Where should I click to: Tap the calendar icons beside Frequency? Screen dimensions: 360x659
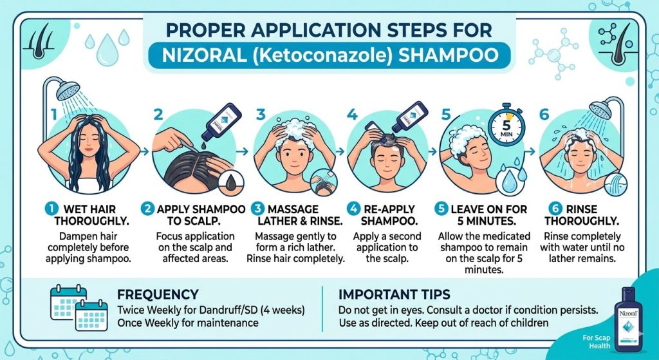pos(79,308)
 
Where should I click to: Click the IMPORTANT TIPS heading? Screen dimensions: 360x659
pos(394,294)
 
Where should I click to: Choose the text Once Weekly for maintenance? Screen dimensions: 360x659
pos(187,322)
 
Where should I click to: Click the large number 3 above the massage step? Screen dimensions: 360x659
pos(261,115)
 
